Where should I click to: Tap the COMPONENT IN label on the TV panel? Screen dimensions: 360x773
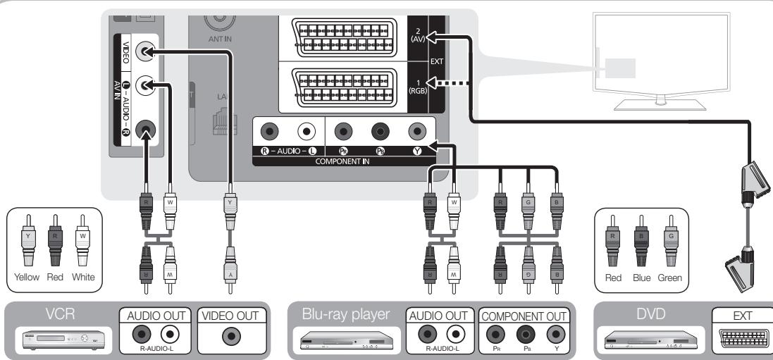point(344,161)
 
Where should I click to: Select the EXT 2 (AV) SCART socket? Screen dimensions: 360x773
point(342,35)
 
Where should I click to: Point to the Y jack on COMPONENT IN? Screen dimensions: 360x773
point(417,131)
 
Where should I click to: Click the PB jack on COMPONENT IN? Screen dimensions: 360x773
point(381,131)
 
